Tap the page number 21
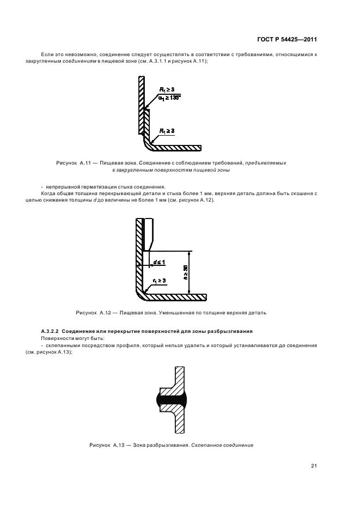click(314, 465)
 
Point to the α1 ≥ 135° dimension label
click(170, 98)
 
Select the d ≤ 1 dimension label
click(160, 263)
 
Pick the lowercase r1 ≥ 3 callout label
click(159, 280)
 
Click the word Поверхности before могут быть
click(56, 339)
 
